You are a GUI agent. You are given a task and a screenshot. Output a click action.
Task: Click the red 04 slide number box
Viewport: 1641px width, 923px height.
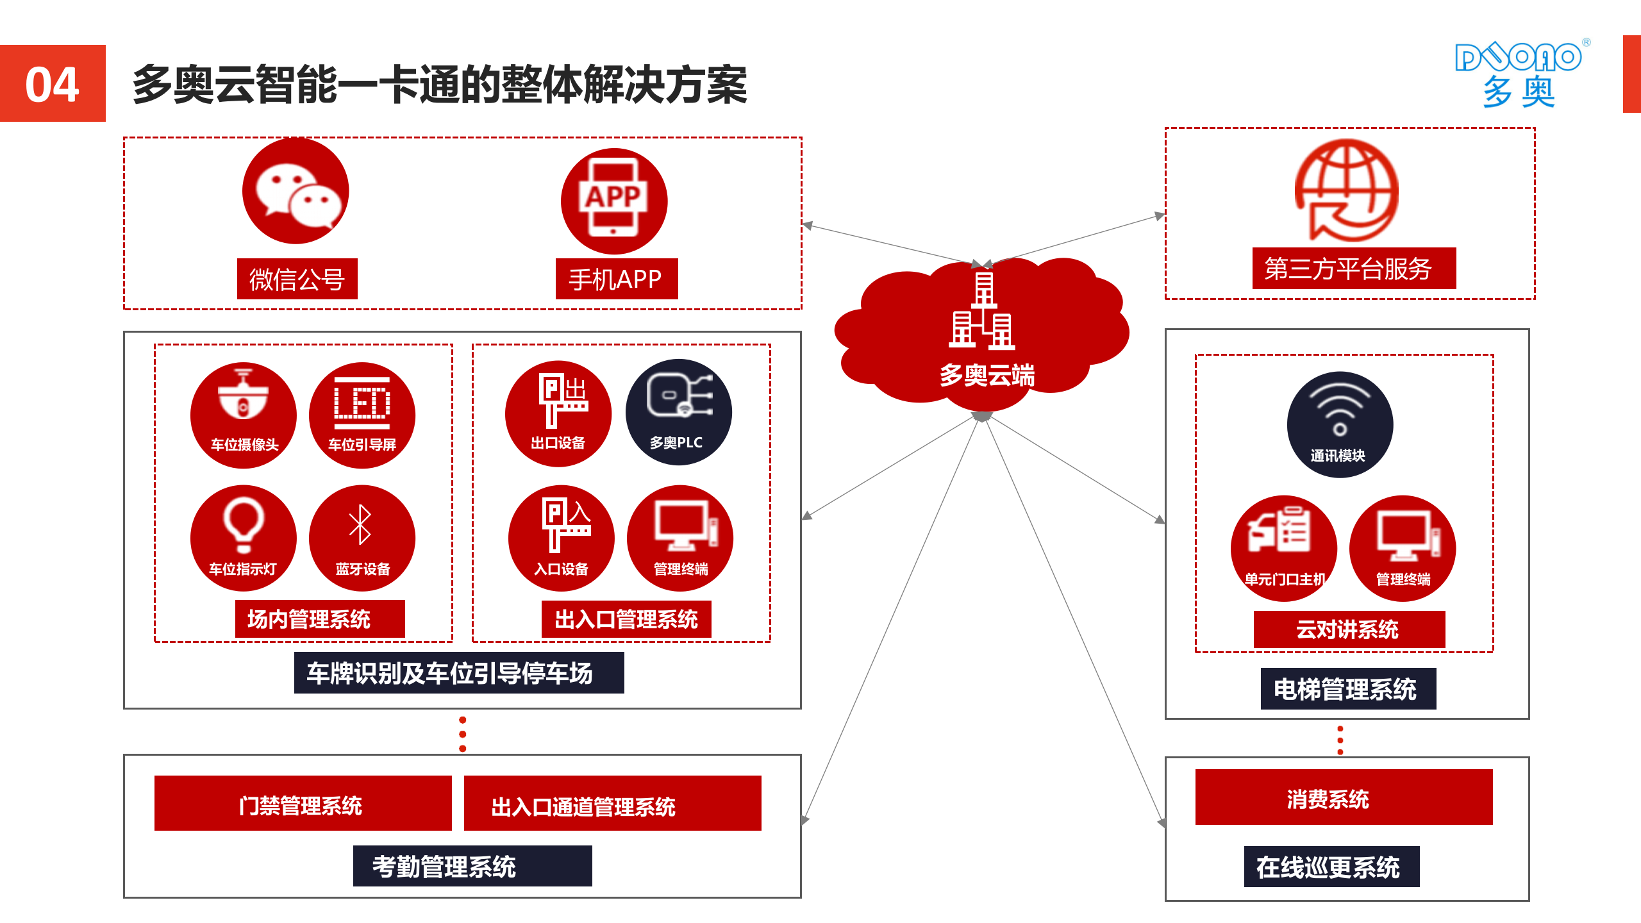tap(53, 83)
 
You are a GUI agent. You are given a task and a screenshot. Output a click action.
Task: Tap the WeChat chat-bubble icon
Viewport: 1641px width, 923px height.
tap(296, 191)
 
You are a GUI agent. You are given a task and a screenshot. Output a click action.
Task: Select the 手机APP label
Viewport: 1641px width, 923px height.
tap(616, 279)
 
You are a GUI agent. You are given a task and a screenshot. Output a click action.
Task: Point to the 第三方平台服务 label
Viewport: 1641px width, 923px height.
tap(1353, 269)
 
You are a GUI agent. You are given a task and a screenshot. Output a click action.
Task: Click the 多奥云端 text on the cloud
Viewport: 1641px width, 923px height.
tap(987, 375)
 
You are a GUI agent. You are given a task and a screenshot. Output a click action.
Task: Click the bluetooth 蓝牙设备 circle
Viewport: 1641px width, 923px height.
tap(362, 538)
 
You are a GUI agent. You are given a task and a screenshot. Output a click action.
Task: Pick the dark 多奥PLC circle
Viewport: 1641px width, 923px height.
tap(678, 412)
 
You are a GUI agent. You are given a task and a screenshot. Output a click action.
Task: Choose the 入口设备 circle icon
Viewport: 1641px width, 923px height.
tap(561, 538)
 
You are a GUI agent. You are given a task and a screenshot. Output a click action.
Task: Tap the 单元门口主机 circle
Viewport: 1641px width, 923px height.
tap(1283, 548)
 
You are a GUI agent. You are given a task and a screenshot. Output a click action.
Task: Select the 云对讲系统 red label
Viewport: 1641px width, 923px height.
tap(1349, 629)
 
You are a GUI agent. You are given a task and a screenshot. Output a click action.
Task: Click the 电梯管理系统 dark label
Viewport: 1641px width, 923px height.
tap(1347, 689)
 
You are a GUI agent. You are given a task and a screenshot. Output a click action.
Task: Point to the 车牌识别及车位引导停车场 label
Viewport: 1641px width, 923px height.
tap(458, 673)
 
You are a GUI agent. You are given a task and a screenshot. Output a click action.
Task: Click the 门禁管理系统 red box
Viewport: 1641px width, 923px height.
tap(303, 804)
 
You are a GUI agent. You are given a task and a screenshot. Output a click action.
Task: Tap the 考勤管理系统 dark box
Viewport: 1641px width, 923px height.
tap(472, 867)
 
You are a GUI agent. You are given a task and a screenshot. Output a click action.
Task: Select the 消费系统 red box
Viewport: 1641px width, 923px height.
tap(1343, 797)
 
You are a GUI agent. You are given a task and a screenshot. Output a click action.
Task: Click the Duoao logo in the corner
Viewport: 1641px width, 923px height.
tap(1519, 74)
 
